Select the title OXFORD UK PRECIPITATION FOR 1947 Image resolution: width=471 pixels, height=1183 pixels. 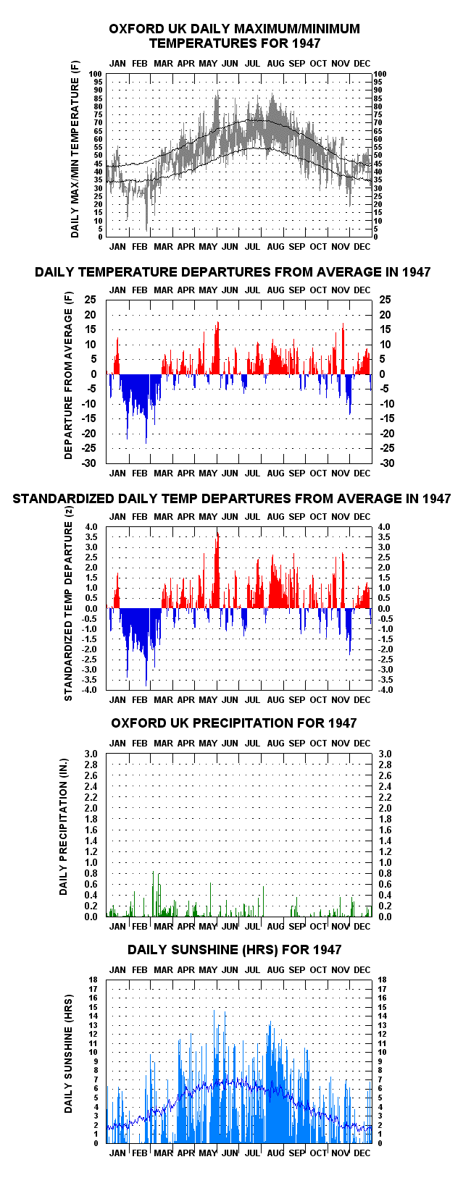[234, 723]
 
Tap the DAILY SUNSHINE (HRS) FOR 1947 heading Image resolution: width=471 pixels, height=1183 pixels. [234, 950]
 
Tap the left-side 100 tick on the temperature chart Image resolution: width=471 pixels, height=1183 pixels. [95, 74]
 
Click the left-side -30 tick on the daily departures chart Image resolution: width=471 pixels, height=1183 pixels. [89, 463]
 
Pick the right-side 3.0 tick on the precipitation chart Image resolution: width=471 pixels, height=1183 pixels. [385, 754]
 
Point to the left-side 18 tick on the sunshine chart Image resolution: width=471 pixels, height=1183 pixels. [93, 980]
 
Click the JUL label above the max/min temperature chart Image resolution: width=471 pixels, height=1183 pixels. [252, 64]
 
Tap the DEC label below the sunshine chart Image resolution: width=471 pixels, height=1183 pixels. [362, 1153]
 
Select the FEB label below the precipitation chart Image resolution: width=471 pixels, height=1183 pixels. [140, 926]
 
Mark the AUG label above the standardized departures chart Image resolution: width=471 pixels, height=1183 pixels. [275, 516]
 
